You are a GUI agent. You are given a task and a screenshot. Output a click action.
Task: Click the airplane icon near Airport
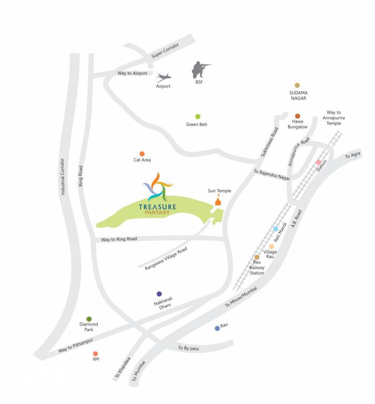[163, 77]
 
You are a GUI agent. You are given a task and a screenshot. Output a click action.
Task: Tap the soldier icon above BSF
[200, 69]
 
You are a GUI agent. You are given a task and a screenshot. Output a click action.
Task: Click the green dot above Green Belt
[198, 116]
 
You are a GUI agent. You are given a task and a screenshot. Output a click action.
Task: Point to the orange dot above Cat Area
[142, 154]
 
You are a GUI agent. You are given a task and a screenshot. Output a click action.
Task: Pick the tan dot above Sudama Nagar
[297, 85]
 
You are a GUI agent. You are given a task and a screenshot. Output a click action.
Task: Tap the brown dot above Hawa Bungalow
[297, 116]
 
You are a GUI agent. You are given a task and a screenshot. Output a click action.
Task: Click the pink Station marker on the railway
[318, 162]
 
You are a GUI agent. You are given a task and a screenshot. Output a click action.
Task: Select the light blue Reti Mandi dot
[276, 229]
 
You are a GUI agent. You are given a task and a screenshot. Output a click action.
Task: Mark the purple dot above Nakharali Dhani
[159, 294]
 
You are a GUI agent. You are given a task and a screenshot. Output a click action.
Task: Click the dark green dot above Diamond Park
[89, 319]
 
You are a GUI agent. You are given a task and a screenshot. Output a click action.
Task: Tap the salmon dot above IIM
[95, 354]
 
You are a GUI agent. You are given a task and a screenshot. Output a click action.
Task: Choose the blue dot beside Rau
[217, 329]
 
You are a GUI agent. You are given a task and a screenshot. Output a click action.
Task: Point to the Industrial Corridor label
[62, 177]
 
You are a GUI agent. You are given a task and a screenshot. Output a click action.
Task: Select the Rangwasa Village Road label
[166, 258]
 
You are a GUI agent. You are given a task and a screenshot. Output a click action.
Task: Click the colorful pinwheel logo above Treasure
[158, 186]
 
